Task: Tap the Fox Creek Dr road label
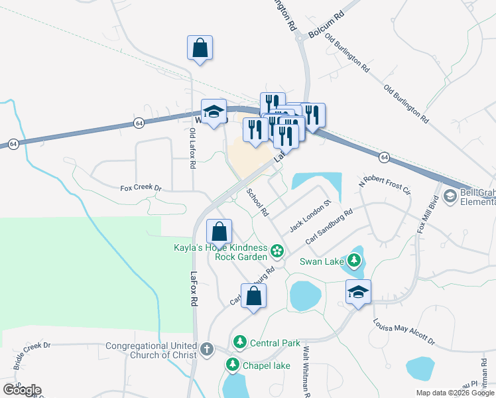(x=141, y=188)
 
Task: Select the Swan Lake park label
(x=322, y=261)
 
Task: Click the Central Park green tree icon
(x=240, y=343)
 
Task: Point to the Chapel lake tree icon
(x=233, y=364)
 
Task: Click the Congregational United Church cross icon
(x=207, y=349)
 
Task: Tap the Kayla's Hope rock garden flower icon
(x=277, y=252)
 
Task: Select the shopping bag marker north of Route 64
(x=200, y=48)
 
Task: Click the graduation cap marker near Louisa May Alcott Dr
(x=358, y=292)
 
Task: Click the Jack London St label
(x=310, y=215)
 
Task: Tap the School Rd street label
(x=257, y=202)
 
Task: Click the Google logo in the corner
(x=22, y=389)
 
